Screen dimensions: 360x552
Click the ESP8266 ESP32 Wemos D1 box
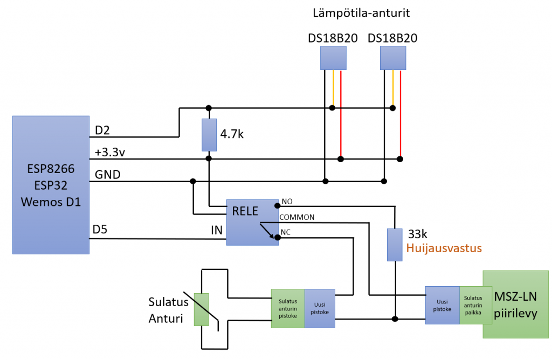(x=51, y=184)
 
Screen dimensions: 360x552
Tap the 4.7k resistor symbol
(x=209, y=135)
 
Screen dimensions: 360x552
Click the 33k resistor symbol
(x=395, y=245)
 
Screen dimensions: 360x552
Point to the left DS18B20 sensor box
(x=333, y=58)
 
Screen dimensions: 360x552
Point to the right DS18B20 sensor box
(x=393, y=58)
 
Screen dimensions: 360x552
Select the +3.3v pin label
(x=111, y=153)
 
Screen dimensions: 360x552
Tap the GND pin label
(x=108, y=175)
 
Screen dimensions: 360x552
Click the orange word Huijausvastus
(x=444, y=248)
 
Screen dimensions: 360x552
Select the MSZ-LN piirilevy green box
(x=516, y=304)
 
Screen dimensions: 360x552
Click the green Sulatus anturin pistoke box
(x=288, y=308)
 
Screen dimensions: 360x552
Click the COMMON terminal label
(x=296, y=217)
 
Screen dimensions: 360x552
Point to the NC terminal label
(x=286, y=233)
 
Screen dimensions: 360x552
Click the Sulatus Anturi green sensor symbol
(x=201, y=309)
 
